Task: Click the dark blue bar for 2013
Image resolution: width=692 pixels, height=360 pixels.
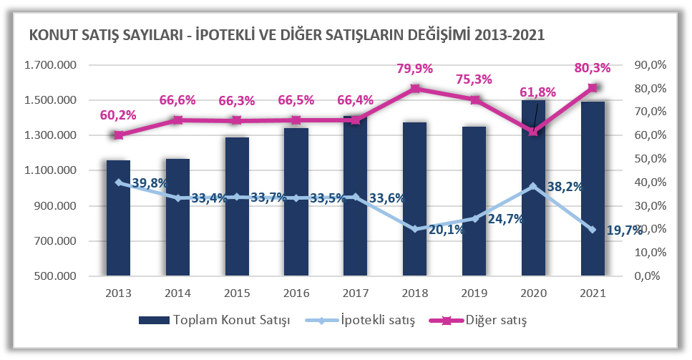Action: [x=118, y=218]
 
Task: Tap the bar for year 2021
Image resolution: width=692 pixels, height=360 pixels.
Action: [x=593, y=189]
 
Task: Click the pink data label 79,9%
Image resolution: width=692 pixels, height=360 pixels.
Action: [x=414, y=69]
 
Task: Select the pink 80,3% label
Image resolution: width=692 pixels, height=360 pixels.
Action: [x=592, y=69]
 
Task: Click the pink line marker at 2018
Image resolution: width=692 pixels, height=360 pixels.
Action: [x=415, y=89]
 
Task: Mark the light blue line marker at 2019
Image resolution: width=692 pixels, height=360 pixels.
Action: [x=474, y=219]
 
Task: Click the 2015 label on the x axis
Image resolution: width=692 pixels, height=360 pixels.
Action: [x=237, y=293]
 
